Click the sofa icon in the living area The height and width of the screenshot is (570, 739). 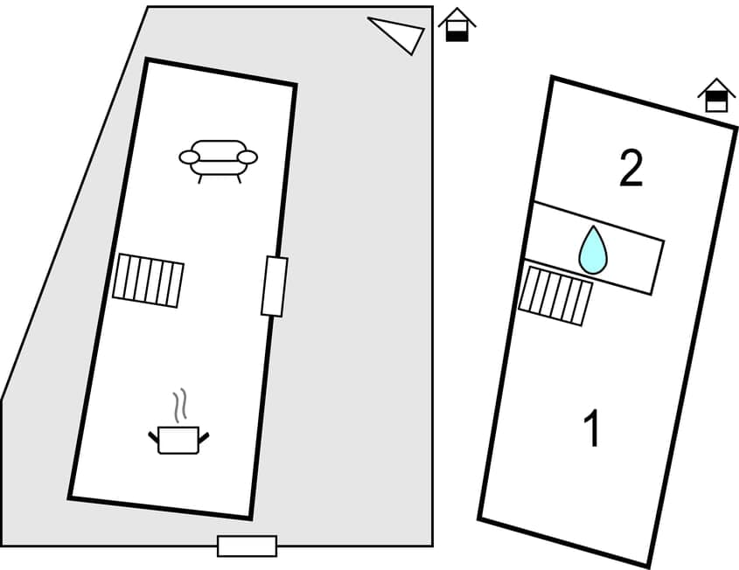tap(219, 157)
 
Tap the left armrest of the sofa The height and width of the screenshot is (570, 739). tap(189, 157)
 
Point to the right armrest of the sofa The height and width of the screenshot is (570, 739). tap(248, 157)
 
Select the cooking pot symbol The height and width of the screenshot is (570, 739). tap(178, 439)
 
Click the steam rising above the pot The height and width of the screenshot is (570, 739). tap(179, 406)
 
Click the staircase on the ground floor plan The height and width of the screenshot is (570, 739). tap(148, 280)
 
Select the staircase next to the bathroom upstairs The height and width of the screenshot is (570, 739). tap(555, 295)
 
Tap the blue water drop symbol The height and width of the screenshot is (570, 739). tap(593, 250)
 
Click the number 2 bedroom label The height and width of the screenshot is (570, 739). tap(631, 169)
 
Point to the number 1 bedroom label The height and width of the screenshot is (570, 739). tap(593, 430)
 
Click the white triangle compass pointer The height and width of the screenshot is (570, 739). tap(400, 33)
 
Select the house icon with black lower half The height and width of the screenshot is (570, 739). tap(457, 25)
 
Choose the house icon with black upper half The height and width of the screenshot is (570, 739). tap(716, 95)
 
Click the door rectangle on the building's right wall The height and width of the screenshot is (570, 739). tap(274, 287)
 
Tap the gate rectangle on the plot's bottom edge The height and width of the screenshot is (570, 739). tap(247, 546)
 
